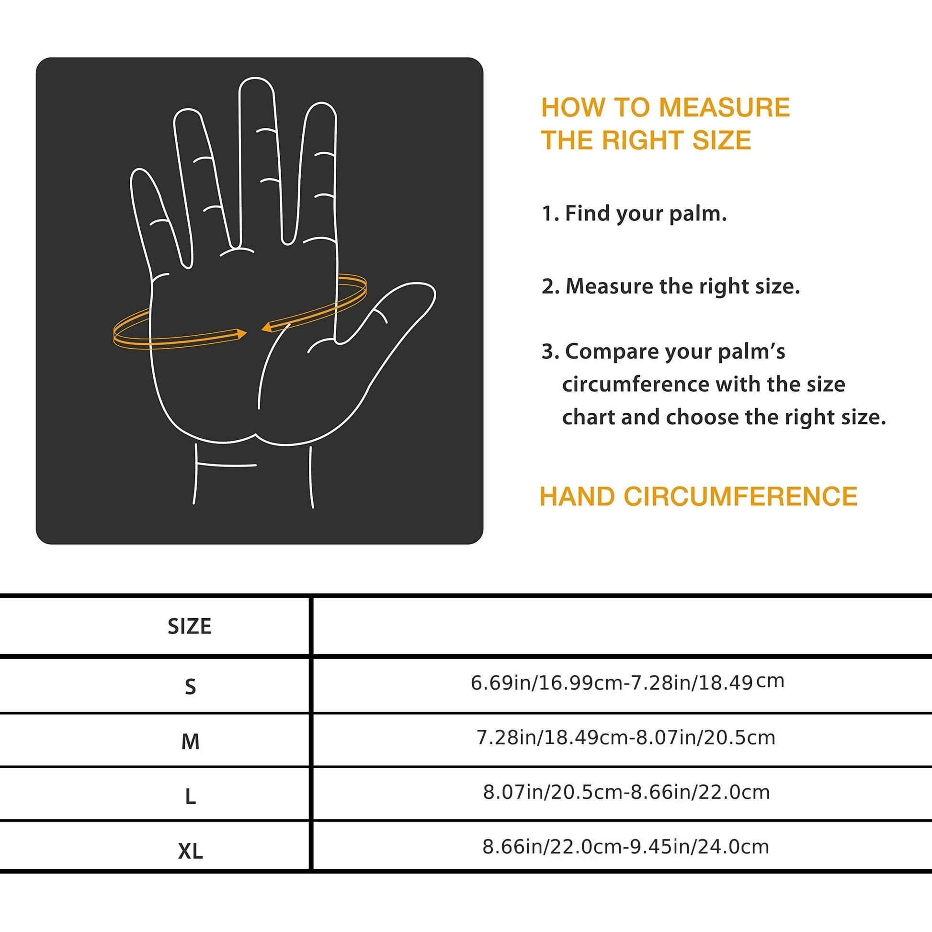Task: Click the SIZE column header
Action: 189,626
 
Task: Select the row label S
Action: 190,686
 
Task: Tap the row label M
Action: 190,741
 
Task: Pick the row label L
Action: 190,796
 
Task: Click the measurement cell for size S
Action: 627,682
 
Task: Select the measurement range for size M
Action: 625,738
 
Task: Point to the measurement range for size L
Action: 626,792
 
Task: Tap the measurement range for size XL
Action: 625,847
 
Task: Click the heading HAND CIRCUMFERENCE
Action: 698,496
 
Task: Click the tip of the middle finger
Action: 256,82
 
